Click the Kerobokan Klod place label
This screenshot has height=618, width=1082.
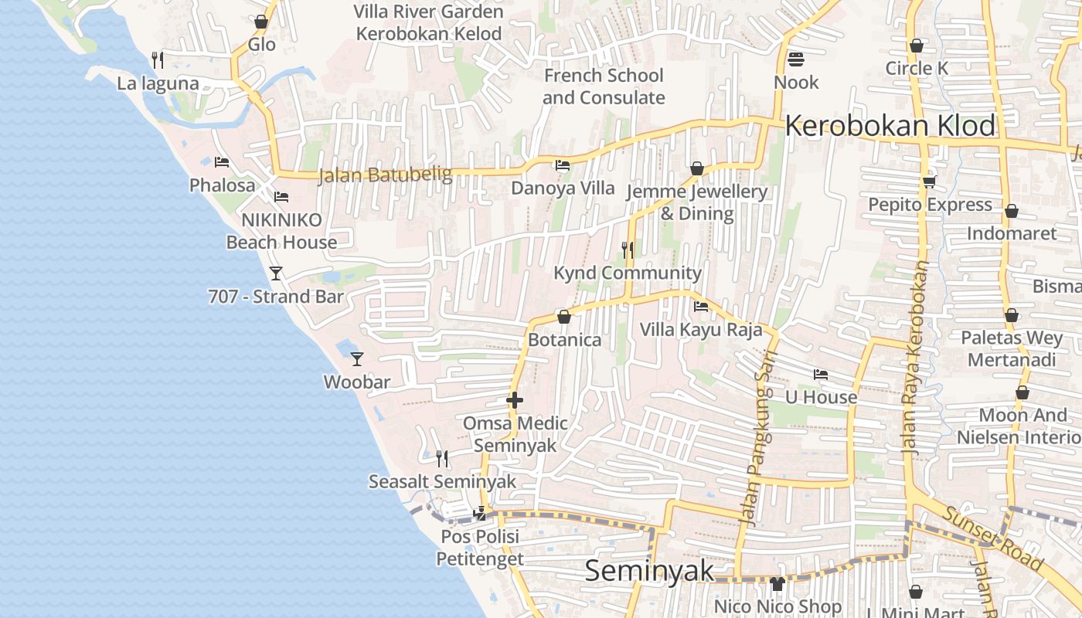tap(890, 125)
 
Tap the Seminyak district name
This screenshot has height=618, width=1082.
tap(649, 571)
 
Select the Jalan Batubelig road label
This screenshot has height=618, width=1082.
tap(386, 175)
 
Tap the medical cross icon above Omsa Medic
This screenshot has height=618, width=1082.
tap(515, 400)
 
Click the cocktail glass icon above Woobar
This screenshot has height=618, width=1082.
tap(357, 358)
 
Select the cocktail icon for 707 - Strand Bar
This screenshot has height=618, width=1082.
tap(276, 273)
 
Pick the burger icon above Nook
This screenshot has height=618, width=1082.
tap(796, 59)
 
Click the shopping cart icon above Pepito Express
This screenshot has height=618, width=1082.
tap(929, 182)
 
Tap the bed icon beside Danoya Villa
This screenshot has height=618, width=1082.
tap(563, 165)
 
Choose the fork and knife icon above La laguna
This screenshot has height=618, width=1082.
tap(158, 59)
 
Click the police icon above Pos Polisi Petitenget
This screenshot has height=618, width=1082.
tap(480, 512)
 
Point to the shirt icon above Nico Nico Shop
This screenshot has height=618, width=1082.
tap(777, 584)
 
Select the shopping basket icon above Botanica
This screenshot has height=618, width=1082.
tap(564, 317)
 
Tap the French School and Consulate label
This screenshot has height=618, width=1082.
tap(604, 87)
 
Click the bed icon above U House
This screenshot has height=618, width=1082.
tap(821, 375)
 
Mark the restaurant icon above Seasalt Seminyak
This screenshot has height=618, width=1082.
tap(442, 459)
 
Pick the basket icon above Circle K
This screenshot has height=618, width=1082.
tap(917, 46)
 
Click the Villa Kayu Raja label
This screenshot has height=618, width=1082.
tap(701, 330)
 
